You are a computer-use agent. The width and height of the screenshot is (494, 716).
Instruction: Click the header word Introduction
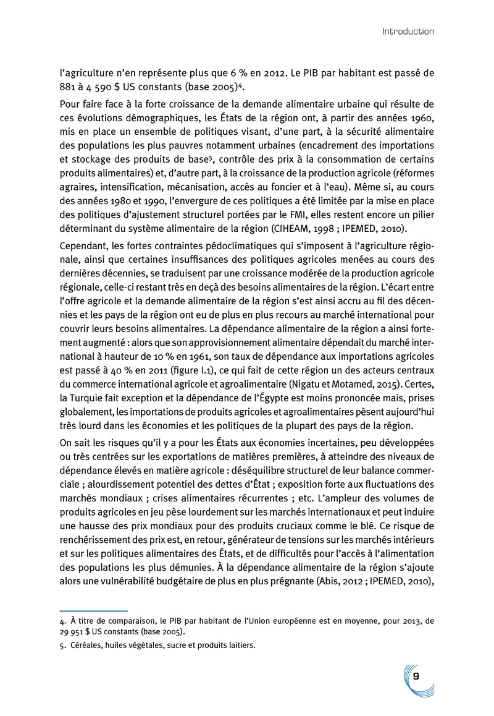pyautogui.click(x=408, y=31)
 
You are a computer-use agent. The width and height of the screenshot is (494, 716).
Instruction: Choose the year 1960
pyautogui.click(x=419, y=117)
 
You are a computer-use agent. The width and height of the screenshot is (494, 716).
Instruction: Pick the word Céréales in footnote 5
pyautogui.click(x=86, y=646)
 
